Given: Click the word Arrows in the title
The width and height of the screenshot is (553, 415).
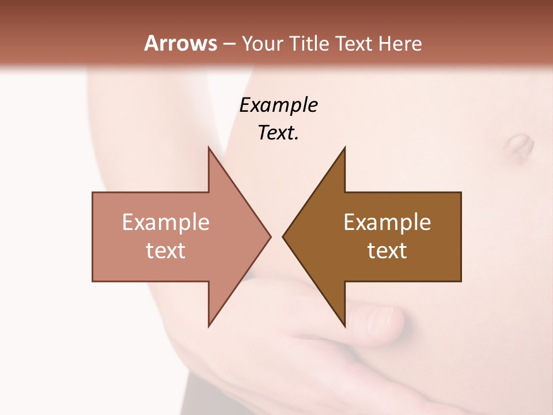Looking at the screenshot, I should click(180, 43).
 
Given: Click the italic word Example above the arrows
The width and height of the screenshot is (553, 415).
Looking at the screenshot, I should click(278, 105).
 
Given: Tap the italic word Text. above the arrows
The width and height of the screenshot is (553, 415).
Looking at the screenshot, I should click(278, 133).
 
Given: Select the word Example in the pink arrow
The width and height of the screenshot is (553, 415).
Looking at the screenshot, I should click(166, 222).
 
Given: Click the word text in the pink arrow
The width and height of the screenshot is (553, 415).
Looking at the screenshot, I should click(166, 250).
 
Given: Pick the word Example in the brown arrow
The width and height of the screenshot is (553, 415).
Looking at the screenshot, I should click(387, 222).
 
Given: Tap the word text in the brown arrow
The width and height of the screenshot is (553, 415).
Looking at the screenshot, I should click(387, 250).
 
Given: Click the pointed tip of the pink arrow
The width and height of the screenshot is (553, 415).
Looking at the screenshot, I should click(270, 236).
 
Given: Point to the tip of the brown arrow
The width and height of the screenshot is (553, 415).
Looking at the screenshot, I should click(283, 236).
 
